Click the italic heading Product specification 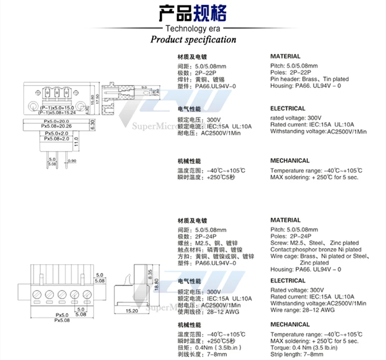(x=193, y=40)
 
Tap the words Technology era (x=193, y=28)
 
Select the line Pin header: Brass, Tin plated (x=309, y=79)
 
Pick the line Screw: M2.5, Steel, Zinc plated (x=314, y=243)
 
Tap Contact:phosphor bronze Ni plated (x=316, y=250)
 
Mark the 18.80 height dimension (x=157, y=285)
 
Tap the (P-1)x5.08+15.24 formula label (x=57, y=111)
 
